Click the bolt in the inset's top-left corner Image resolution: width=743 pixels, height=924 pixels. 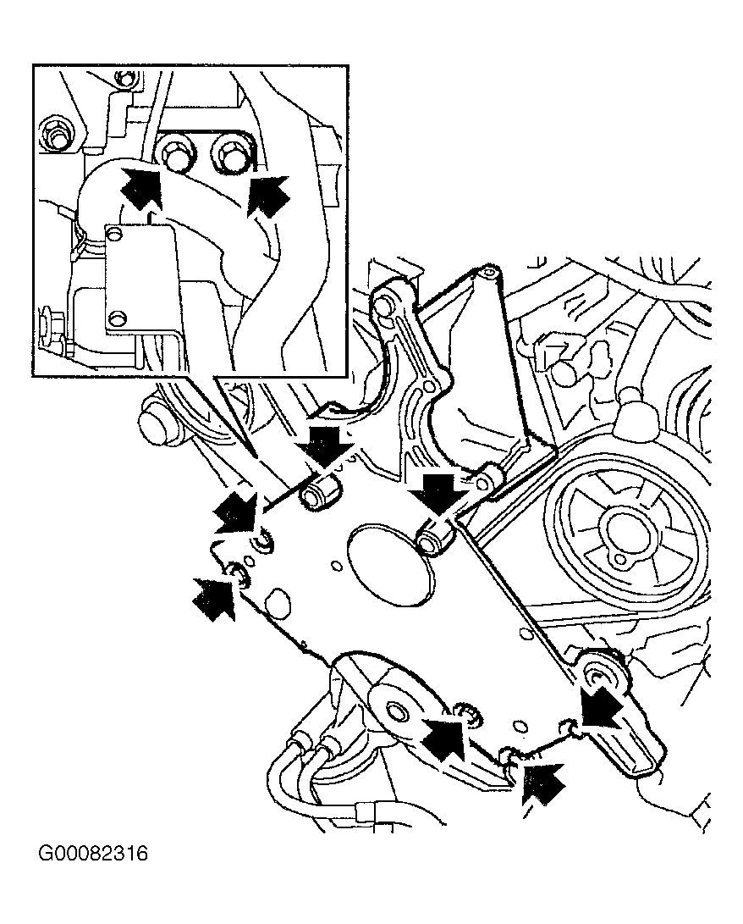pos(58,133)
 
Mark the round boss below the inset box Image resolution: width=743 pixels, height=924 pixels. pos(157,423)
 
